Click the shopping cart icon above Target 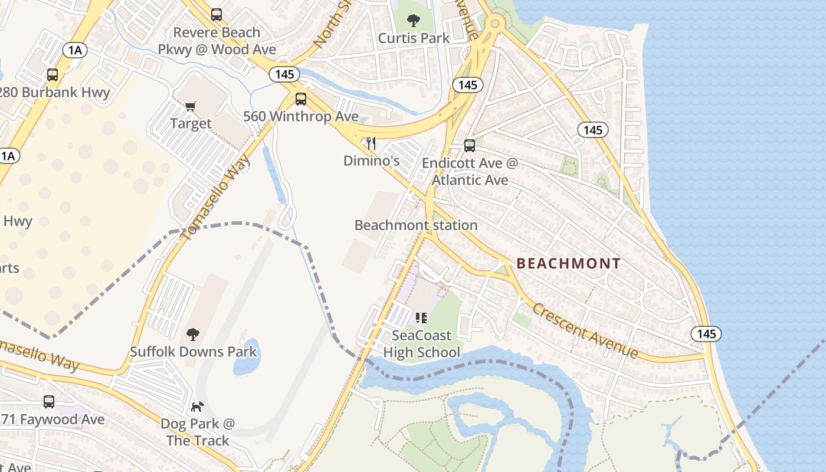pos(190,107)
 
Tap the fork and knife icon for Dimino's pos(371,143)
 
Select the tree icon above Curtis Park pos(414,21)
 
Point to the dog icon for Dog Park pos(197,407)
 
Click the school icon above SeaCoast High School pos(421,319)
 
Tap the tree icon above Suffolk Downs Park pos(193,335)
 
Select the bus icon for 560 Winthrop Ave pos(301,99)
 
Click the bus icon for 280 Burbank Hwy pos(53,75)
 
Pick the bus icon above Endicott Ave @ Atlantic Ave pos(470,145)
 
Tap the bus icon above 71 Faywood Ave pos(49,402)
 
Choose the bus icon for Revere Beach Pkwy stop pos(217,15)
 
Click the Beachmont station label pos(416,225)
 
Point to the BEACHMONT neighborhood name pos(569,264)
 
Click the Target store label pos(191,123)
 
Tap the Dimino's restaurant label pos(372,160)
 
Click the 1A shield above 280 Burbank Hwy pos(75,50)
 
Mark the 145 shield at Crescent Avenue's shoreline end pos(706,334)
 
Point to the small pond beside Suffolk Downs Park pos(246,359)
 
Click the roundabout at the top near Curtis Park pos(494,24)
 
